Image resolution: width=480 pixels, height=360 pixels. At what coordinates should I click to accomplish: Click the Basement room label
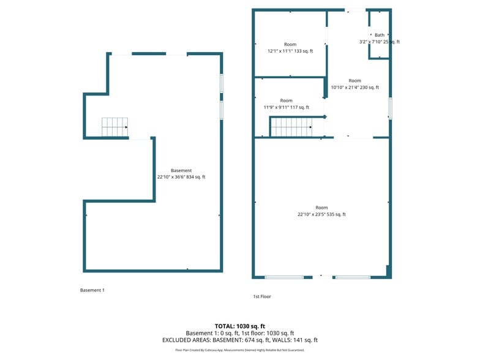[x=181, y=170]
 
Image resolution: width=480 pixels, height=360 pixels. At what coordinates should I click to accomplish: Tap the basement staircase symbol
[x=114, y=127]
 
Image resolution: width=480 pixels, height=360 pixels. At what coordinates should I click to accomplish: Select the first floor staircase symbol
[x=291, y=127]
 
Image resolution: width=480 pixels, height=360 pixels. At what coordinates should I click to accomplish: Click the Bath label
[x=380, y=35]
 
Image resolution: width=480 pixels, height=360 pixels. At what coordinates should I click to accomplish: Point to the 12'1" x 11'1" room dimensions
[x=290, y=51]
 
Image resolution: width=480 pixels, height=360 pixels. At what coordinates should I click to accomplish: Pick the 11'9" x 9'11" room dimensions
[x=286, y=108]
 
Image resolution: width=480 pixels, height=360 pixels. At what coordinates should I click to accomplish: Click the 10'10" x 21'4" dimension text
[x=355, y=88]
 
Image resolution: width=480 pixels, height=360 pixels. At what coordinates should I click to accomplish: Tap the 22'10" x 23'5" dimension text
[x=321, y=214]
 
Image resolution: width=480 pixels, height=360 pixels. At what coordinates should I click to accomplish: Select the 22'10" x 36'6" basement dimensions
[x=181, y=177]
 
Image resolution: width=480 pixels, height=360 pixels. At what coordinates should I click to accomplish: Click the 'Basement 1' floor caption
[x=92, y=290]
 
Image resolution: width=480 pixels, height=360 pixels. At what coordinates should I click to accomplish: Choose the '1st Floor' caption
[x=262, y=296]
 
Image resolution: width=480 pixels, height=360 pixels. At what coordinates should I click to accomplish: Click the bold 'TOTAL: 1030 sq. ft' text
[x=240, y=326]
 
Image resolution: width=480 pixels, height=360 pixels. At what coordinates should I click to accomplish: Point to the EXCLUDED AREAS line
[x=240, y=340]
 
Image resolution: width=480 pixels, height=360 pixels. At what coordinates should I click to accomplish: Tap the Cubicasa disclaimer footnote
[x=240, y=350]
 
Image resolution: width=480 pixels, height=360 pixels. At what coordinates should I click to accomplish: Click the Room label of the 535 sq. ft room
[x=321, y=208]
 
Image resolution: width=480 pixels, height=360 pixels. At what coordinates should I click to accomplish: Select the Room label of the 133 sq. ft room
[x=290, y=44]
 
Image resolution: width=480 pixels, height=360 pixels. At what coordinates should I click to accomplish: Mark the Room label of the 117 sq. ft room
[x=286, y=100]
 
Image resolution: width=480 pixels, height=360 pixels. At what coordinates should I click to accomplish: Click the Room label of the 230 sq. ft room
[x=355, y=80]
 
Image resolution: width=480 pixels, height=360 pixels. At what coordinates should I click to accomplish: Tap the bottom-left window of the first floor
[x=284, y=277]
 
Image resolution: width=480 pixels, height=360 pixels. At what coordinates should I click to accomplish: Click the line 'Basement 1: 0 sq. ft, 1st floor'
[x=240, y=333]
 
